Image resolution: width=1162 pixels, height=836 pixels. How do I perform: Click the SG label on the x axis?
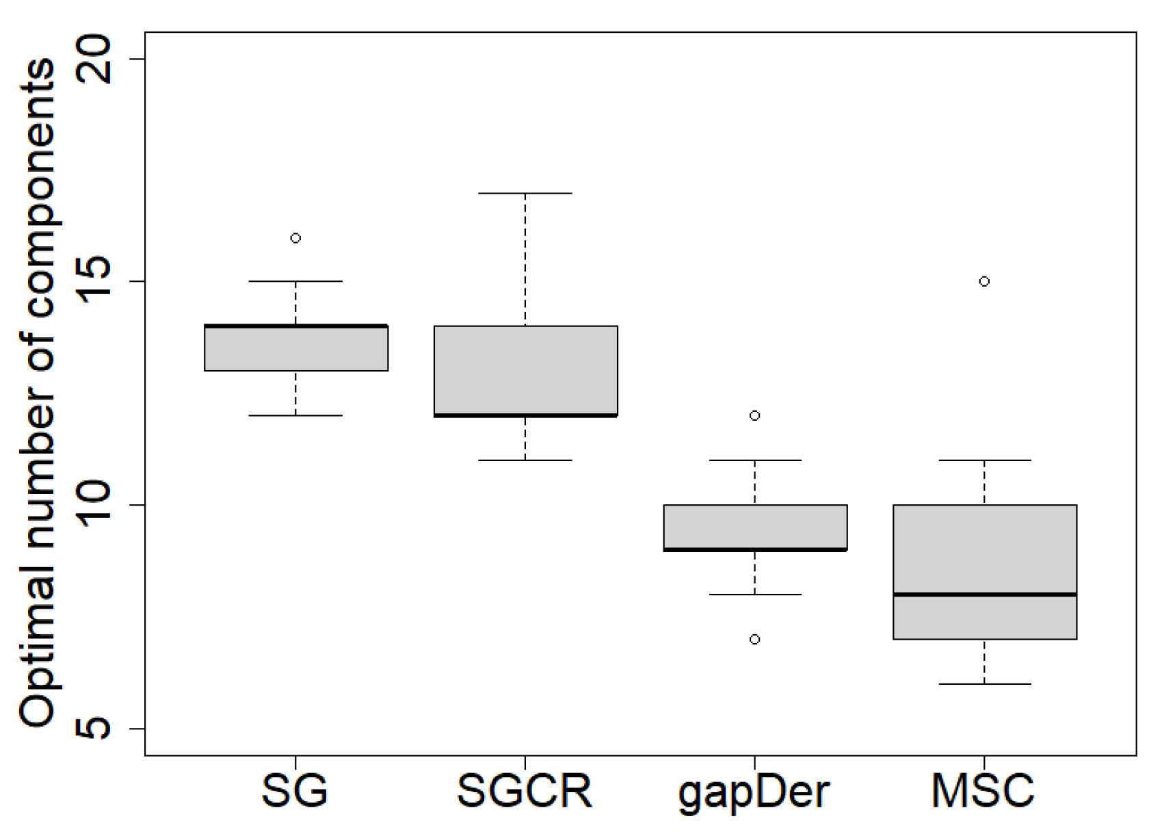(x=295, y=792)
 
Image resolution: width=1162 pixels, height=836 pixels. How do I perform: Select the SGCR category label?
(x=525, y=792)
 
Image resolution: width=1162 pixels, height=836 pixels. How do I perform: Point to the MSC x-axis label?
(x=983, y=792)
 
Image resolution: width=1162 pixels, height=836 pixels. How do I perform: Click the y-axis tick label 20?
(x=94, y=59)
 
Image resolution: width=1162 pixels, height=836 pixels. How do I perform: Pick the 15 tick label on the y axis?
(x=94, y=281)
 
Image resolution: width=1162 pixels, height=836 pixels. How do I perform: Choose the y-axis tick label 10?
(x=94, y=505)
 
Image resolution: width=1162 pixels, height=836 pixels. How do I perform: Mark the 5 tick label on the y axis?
(x=94, y=729)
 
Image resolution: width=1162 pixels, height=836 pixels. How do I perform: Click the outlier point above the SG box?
(x=295, y=238)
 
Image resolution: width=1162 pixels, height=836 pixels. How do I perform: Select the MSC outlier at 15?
(x=984, y=281)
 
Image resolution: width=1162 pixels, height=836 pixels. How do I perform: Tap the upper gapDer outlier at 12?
(x=754, y=415)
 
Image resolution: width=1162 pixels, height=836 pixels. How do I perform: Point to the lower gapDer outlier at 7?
(x=754, y=639)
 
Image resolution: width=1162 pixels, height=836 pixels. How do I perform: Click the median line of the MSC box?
(x=984, y=595)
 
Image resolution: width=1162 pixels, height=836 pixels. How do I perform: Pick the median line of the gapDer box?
(x=755, y=549)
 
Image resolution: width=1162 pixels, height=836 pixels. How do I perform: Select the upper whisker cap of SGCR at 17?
(x=525, y=194)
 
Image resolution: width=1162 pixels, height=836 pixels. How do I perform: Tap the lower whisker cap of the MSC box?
(x=984, y=684)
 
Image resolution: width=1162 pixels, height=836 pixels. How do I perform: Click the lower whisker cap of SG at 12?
(x=295, y=415)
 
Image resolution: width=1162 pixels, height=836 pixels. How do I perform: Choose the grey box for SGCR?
(x=525, y=370)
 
